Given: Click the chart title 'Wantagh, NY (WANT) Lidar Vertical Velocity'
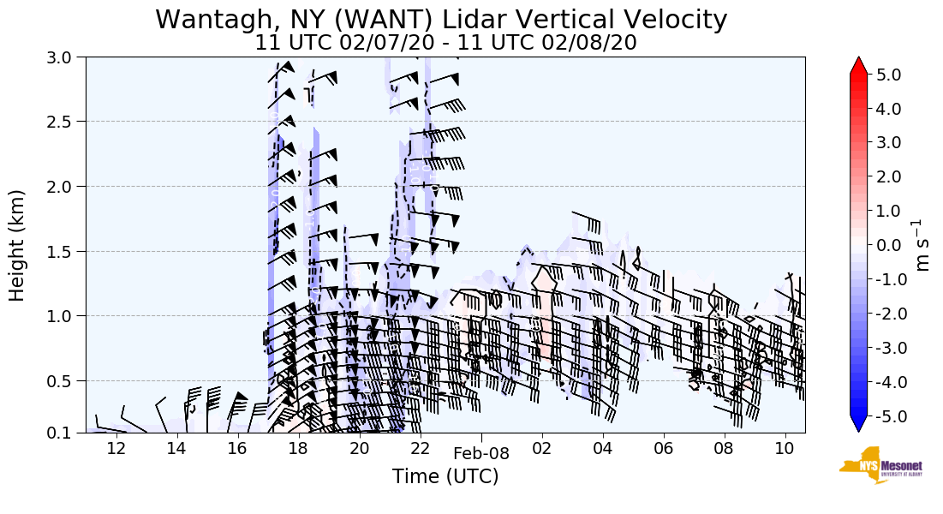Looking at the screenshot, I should click(x=441, y=19).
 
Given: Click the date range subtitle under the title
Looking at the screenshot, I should click(x=445, y=43).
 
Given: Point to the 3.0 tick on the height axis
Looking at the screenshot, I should click(x=67, y=57).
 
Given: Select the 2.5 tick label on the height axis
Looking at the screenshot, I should click(x=67, y=122).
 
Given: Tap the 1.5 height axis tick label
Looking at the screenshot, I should click(x=67, y=251).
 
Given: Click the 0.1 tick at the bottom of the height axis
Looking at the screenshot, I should click(x=67, y=433).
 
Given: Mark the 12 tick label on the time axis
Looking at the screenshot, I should click(x=116, y=448).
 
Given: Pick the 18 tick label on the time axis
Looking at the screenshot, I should click(x=298, y=448).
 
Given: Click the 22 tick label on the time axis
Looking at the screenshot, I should click(x=420, y=448).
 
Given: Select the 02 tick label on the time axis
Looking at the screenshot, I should click(x=541, y=448).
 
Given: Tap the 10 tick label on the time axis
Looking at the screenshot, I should click(x=784, y=448).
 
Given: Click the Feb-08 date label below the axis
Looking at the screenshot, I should click(x=481, y=454).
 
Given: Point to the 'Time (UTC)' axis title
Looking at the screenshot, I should click(x=445, y=476).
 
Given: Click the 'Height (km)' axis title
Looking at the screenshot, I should click(x=18, y=245).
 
